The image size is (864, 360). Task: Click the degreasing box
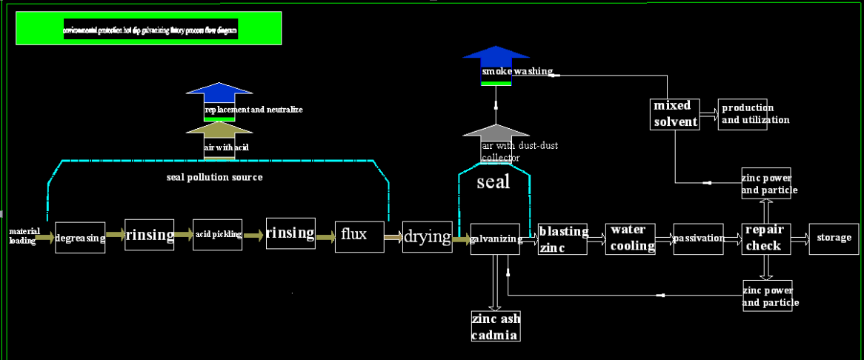(80, 237)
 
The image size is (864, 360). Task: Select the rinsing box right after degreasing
(150, 235)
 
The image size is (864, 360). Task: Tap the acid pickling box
(218, 235)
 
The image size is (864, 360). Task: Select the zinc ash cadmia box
(496, 327)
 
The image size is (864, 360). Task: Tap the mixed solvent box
(675, 113)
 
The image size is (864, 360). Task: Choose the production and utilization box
(743, 113)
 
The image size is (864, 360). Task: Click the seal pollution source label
(214, 178)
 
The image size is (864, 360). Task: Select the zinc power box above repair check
(766, 183)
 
